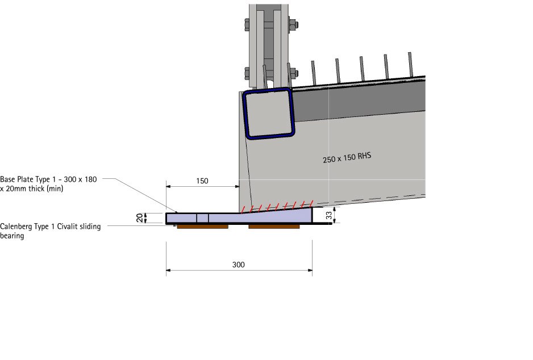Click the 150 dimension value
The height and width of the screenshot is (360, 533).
[x=202, y=181]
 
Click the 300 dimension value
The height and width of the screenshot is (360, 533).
[x=238, y=265]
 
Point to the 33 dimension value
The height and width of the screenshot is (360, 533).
[x=328, y=215]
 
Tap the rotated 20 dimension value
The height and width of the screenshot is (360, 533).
[x=139, y=217]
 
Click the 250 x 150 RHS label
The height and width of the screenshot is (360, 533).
[x=347, y=158]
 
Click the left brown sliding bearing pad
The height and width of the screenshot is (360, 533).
[x=203, y=227]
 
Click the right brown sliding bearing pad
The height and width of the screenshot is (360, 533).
[x=274, y=227]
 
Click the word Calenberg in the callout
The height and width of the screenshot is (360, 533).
[x=16, y=227]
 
